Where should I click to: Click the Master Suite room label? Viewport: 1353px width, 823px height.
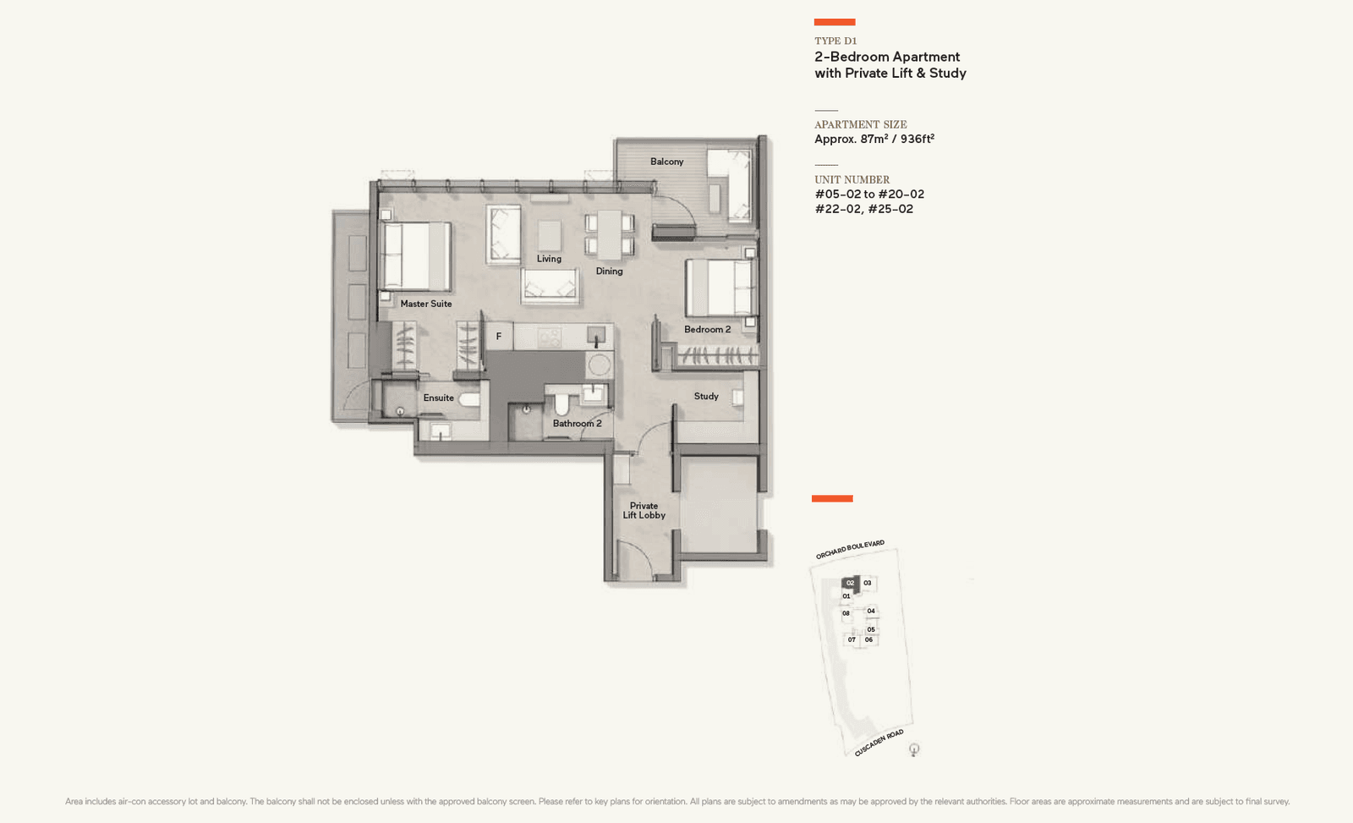click(425, 304)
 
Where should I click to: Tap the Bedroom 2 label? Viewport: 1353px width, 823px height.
click(707, 329)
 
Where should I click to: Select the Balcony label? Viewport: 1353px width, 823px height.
click(666, 162)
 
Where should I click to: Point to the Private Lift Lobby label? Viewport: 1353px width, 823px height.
click(644, 510)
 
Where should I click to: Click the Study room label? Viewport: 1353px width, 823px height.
click(705, 396)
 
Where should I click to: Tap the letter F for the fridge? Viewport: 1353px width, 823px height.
click(498, 337)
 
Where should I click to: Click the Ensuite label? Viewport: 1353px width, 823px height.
click(438, 398)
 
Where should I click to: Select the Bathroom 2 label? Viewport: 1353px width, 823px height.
click(577, 424)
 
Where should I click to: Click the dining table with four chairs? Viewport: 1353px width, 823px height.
click(609, 234)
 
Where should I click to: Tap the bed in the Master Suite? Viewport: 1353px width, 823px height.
click(416, 256)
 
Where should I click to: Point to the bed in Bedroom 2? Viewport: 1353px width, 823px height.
click(720, 288)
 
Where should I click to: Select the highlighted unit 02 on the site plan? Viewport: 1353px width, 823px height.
click(850, 583)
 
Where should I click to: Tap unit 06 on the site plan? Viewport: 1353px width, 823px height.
click(868, 639)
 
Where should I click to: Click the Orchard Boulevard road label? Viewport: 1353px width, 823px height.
click(850, 549)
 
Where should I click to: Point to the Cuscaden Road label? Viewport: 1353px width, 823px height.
click(879, 743)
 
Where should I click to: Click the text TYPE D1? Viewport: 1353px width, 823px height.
click(835, 41)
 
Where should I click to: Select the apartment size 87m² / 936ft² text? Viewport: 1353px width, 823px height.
click(874, 140)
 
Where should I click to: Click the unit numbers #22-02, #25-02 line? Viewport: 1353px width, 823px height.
click(863, 209)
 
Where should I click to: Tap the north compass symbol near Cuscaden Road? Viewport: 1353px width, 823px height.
click(913, 749)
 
